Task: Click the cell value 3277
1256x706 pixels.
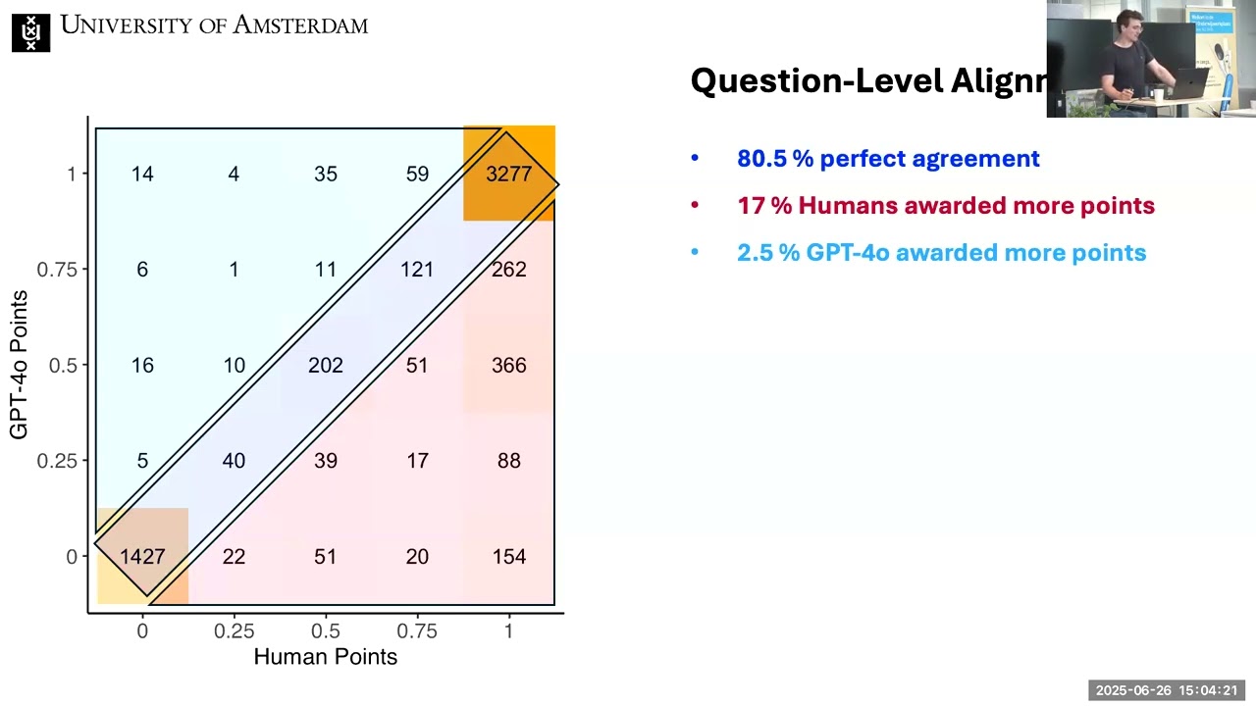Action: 508,175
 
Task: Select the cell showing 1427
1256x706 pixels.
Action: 142,557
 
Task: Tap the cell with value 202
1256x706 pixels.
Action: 325,366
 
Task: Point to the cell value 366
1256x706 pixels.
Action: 508,366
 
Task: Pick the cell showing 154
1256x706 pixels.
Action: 508,557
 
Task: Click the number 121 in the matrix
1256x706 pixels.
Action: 417,270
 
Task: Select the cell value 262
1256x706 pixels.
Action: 508,270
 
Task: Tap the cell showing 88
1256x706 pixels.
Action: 508,461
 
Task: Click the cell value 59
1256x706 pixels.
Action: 417,175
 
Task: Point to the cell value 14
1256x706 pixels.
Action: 142,175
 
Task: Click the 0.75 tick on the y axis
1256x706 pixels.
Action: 57,270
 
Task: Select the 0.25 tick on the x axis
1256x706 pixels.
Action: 234,631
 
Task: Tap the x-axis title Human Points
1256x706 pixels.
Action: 325,657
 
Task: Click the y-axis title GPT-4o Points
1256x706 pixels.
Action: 19,365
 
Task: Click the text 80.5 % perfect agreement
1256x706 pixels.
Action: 888,159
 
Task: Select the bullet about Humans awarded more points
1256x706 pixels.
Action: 946,206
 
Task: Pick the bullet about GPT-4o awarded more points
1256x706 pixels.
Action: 941,253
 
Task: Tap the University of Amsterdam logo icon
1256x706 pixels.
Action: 30,32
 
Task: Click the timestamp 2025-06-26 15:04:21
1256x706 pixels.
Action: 1166,690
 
